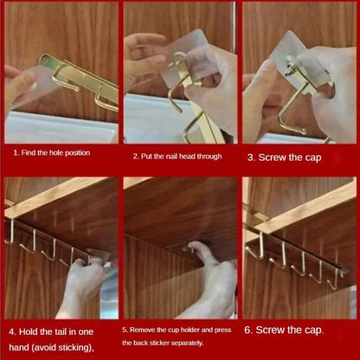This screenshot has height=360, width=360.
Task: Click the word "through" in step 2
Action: coord(207,157)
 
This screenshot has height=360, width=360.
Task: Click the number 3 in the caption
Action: coord(251,157)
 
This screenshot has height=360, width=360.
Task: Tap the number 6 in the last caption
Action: coord(249,330)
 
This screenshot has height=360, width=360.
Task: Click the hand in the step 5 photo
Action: coord(213,277)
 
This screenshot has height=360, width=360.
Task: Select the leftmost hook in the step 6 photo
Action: coord(257,246)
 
